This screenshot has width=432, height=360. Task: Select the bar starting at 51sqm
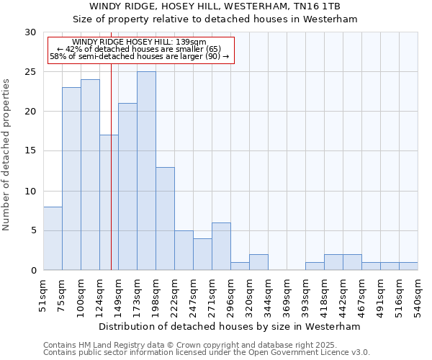tap(53, 238)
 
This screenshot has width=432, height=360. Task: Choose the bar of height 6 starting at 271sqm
tap(221, 246)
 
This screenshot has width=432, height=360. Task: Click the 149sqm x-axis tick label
tap(119, 294)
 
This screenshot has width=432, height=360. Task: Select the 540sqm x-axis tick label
tap(418, 294)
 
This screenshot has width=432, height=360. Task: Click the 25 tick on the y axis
tap(30, 72)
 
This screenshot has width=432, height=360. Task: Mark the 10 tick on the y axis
tap(30, 191)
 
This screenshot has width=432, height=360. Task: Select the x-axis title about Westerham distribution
tap(230, 326)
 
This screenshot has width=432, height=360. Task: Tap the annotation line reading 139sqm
tap(140, 42)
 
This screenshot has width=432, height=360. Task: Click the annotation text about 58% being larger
tap(140, 56)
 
